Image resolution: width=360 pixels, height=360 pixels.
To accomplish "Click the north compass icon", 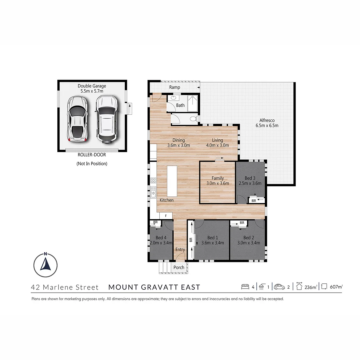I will pyautogui.click(x=45, y=265).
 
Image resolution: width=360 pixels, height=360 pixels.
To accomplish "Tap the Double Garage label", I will pyautogui.click(x=92, y=86).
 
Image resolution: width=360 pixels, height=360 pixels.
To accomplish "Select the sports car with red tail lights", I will pyautogui.click(x=77, y=119).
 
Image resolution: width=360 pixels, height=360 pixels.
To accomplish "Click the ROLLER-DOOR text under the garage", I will pyautogui.click(x=92, y=155).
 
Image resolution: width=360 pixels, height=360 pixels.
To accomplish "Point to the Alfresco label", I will pyautogui.click(x=266, y=121).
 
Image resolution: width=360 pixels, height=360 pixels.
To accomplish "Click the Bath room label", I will pyautogui.click(x=180, y=105).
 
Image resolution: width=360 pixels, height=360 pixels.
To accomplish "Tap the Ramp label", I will pyautogui.click(x=174, y=87).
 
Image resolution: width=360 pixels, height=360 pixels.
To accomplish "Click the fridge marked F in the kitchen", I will pyautogui.click(x=166, y=216).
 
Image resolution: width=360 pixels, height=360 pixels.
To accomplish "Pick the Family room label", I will pyautogui.click(x=218, y=178).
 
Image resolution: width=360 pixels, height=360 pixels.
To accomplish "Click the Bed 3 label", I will pyautogui.click(x=249, y=178).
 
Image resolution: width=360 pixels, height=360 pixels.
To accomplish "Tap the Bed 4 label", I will pyautogui.click(x=161, y=238).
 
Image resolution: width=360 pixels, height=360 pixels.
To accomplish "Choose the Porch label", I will pyautogui.click(x=179, y=267).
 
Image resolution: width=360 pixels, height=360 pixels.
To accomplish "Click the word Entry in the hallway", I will pyautogui.click(x=180, y=250).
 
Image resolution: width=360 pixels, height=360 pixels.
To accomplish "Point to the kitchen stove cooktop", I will pyautogui.click(x=153, y=180).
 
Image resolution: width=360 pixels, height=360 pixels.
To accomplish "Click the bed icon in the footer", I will pyautogui.click(x=245, y=287).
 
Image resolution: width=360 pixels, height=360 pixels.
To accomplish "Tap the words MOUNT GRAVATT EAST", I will pyautogui.click(x=154, y=287).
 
